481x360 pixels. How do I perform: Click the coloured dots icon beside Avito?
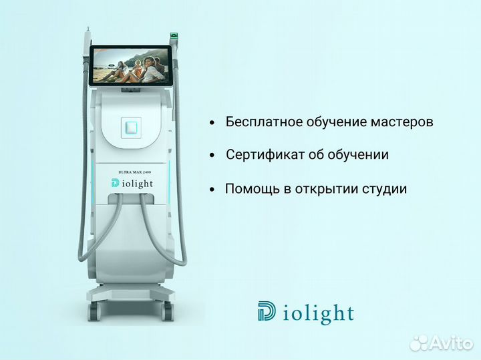pos(418,342)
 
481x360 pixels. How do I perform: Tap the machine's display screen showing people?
pos(130,65)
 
